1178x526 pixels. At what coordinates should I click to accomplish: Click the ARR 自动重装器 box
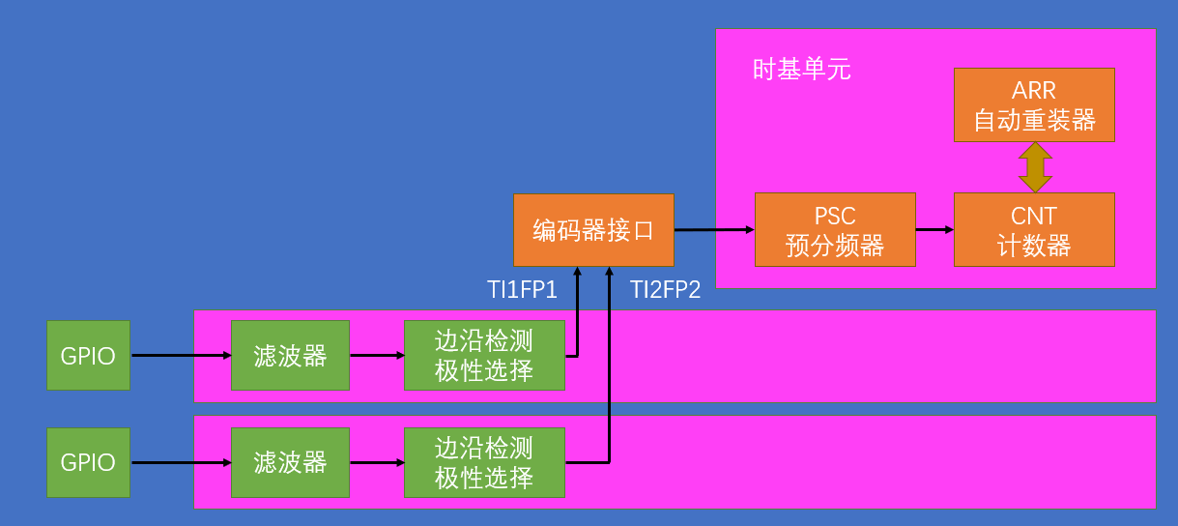1034,104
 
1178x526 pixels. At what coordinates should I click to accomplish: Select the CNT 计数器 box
1034,230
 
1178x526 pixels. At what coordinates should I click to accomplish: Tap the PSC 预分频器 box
835,230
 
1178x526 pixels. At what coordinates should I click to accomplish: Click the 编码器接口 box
593,230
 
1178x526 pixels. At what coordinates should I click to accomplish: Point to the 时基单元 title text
801,70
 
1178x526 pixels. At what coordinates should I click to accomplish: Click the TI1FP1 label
522,289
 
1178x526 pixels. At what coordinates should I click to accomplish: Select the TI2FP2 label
665,289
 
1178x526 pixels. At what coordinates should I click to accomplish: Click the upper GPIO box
88,356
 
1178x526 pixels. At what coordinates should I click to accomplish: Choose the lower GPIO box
88,462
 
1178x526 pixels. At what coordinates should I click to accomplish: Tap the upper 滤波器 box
290,356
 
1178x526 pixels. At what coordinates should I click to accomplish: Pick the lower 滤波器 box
290,462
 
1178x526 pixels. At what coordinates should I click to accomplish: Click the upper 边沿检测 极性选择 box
484,356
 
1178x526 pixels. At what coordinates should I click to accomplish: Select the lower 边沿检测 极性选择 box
484,462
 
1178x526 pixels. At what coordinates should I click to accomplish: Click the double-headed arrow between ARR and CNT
1034,167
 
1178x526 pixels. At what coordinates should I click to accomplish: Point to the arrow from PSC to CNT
934,230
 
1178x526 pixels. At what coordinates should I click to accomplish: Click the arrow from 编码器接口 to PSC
713,230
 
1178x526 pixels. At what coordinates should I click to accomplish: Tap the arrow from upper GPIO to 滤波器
181,356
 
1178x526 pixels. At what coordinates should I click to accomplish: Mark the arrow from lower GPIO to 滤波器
181,462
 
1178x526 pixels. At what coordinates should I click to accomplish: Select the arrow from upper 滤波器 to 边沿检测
376,356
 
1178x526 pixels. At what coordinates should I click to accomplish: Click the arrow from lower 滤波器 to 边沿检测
376,462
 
